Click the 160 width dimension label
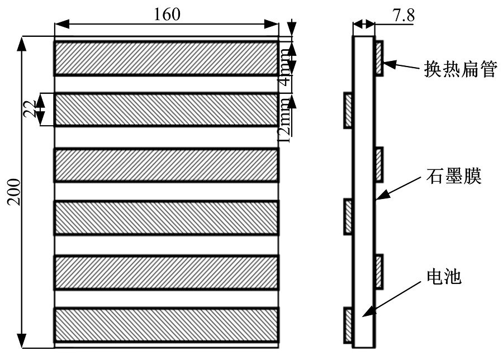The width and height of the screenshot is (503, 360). [167, 14]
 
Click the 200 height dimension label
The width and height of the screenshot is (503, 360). [14, 192]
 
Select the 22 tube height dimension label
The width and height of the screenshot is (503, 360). [30, 109]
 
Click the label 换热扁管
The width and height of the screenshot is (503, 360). [461, 69]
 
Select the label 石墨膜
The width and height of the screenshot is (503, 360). [454, 176]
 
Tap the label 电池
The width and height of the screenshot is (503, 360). [444, 276]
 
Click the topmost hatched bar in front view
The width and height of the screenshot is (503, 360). [166, 58]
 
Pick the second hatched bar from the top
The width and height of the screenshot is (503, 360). [166, 110]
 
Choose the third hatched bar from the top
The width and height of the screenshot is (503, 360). [166, 165]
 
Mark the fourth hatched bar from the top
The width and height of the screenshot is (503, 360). [166, 218]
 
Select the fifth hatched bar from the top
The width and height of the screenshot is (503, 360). [166, 272]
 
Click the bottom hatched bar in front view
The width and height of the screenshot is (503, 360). [166, 325]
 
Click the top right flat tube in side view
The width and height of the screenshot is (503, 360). [379, 58]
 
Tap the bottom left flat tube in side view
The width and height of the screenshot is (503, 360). [348, 325]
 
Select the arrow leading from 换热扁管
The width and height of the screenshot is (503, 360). [401, 65]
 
